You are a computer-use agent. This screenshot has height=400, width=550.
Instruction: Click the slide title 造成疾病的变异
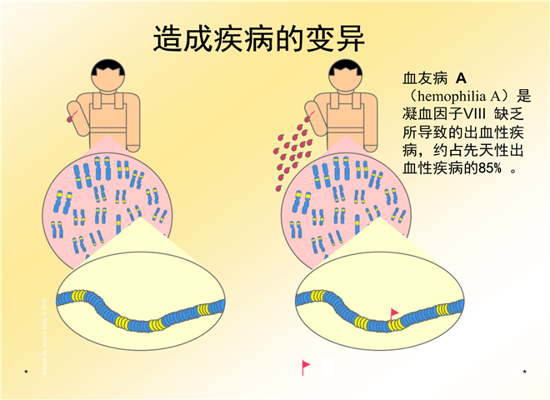coord(259,38)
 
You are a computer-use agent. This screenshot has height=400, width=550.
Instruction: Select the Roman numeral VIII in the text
coord(488,114)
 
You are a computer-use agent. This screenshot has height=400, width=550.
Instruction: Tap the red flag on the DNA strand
coord(394,312)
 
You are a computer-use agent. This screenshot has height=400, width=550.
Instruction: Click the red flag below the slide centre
coord(306,366)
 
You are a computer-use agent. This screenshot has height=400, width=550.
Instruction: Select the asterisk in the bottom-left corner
coord(27,371)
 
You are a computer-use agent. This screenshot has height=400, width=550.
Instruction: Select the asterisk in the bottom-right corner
coord(524,371)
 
